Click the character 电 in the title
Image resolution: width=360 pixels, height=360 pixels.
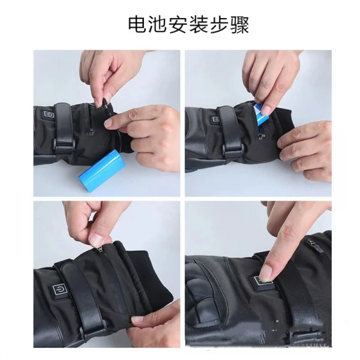click(x=137, y=25)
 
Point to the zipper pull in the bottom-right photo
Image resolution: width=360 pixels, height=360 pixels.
click(x=313, y=243)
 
